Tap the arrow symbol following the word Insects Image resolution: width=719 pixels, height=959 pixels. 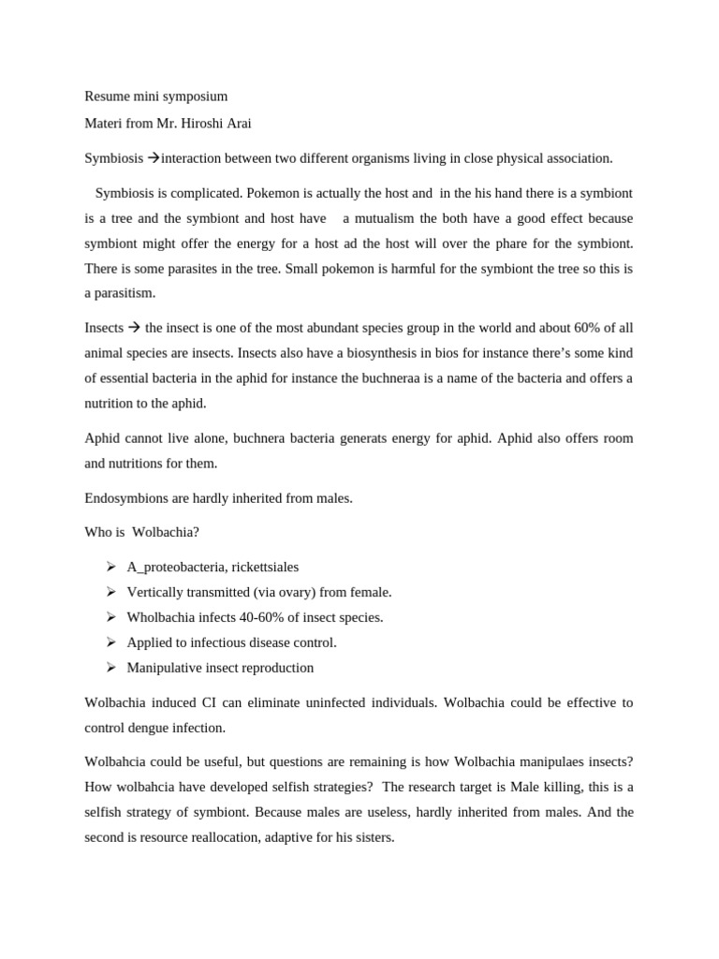(133, 328)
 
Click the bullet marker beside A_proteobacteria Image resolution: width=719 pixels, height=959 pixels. (110, 567)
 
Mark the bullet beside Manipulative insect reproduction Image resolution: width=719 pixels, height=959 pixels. (110, 668)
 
